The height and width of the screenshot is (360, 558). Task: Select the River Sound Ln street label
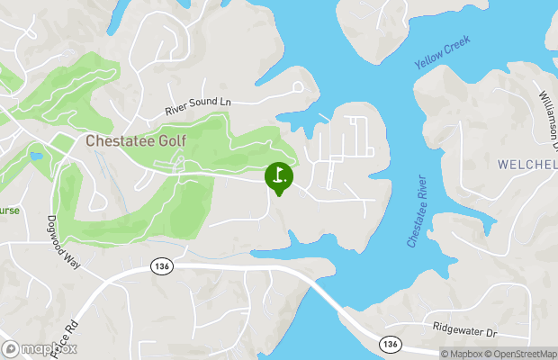coord(198,105)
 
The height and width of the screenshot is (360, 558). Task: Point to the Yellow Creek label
coord(444,54)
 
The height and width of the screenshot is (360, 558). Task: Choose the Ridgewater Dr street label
coord(464,331)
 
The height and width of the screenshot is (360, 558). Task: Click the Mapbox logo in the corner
coord(40,348)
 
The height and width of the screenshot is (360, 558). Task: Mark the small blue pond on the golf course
coord(35,156)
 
